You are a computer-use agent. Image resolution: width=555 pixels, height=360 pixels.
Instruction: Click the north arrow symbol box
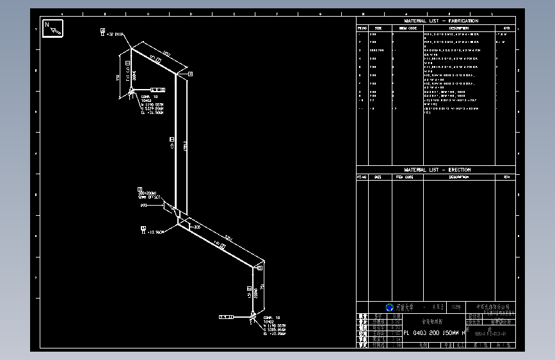(x=52, y=29)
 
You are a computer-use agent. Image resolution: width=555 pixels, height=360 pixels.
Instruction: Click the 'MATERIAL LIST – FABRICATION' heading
(x=441, y=21)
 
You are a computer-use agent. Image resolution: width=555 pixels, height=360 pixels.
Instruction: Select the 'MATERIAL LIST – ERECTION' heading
(x=437, y=170)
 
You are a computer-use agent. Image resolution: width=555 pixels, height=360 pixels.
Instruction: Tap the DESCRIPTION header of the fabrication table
(x=458, y=28)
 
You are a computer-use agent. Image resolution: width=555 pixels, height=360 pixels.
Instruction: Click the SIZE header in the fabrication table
(x=378, y=28)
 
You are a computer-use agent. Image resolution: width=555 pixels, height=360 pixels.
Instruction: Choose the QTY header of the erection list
(x=506, y=177)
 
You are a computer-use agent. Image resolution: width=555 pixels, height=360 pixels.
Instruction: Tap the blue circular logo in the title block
(x=389, y=307)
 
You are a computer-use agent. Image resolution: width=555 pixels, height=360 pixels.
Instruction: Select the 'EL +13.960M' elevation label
(x=156, y=231)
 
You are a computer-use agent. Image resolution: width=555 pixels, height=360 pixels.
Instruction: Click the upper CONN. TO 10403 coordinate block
(x=151, y=102)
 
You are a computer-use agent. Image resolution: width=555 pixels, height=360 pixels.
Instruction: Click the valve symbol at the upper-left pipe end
(x=131, y=92)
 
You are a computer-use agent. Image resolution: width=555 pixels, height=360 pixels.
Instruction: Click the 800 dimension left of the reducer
(x=143, y=206)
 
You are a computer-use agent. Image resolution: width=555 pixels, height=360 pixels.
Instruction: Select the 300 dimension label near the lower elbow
(x=197, y=227)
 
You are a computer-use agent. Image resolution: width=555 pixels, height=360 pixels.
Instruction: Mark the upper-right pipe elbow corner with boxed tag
(x=177, y=74)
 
